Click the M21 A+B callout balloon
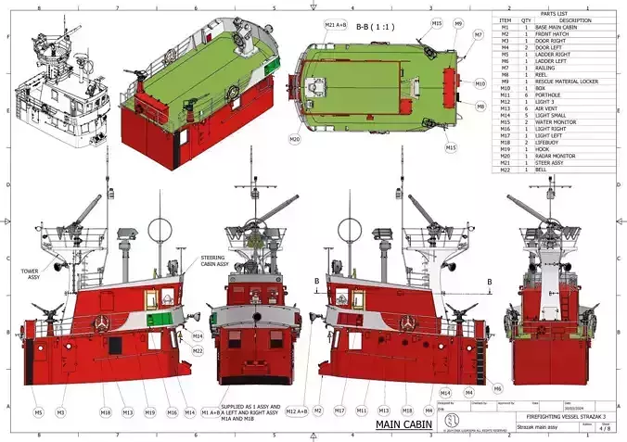tap(335, 24)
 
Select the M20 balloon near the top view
tap(294, 139)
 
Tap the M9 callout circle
tap(458, 24)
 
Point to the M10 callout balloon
tap(480, 83)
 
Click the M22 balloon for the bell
tap(198, 351)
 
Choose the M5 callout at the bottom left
tap(38, 411)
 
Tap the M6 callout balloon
tap(497, 388)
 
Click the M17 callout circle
tap(339, 411)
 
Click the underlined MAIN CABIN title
tap(403, 424)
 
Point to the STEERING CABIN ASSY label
tap(219, 260)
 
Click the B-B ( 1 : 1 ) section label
tap(375, 27)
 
